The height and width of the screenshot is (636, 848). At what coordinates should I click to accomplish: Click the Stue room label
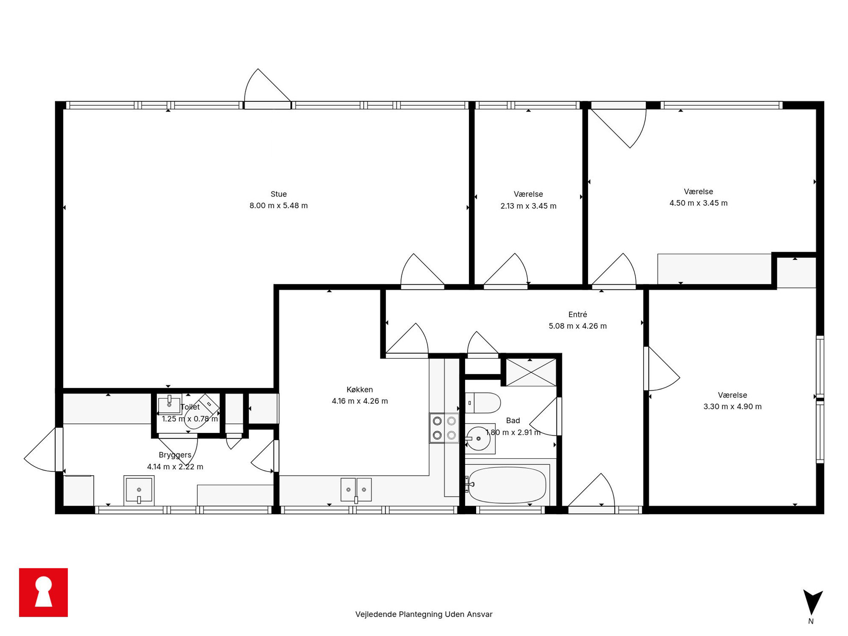(x=278, y=194)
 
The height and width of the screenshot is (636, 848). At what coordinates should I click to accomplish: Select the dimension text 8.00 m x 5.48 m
(x=278, y=206)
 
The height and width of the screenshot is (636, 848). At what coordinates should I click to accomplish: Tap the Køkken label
(x=359, y=389)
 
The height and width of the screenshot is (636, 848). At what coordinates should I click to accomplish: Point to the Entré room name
(x=577, y=315)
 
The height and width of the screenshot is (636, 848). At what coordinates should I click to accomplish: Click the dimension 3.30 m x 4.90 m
(x=732, y=406)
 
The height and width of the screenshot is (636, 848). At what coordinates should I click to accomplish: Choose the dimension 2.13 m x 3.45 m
(x=528, y=206)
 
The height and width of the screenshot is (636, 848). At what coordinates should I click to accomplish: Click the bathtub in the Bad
(x=507, y=485)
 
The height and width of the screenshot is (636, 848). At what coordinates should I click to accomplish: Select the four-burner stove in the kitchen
(x=444, y=428)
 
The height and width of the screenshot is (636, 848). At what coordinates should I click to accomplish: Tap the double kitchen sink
(x=356, y=489)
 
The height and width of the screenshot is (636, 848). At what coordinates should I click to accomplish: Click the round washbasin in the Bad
(x=478, y=439)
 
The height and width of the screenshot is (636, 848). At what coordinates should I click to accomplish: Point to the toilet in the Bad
(x=483, y=403)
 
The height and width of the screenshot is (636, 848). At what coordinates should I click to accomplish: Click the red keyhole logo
(x=44, y=592)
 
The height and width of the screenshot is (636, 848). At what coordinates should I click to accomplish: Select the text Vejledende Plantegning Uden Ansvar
(x=424, y=614)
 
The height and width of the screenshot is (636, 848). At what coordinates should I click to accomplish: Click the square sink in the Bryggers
(x=139, y=490)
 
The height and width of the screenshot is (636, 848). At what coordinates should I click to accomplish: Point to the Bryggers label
(x=175, y=455)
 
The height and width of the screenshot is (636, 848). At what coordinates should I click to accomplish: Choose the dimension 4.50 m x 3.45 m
(x=698, y=203)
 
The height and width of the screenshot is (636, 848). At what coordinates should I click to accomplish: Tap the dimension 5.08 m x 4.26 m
(x=577, y=326)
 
